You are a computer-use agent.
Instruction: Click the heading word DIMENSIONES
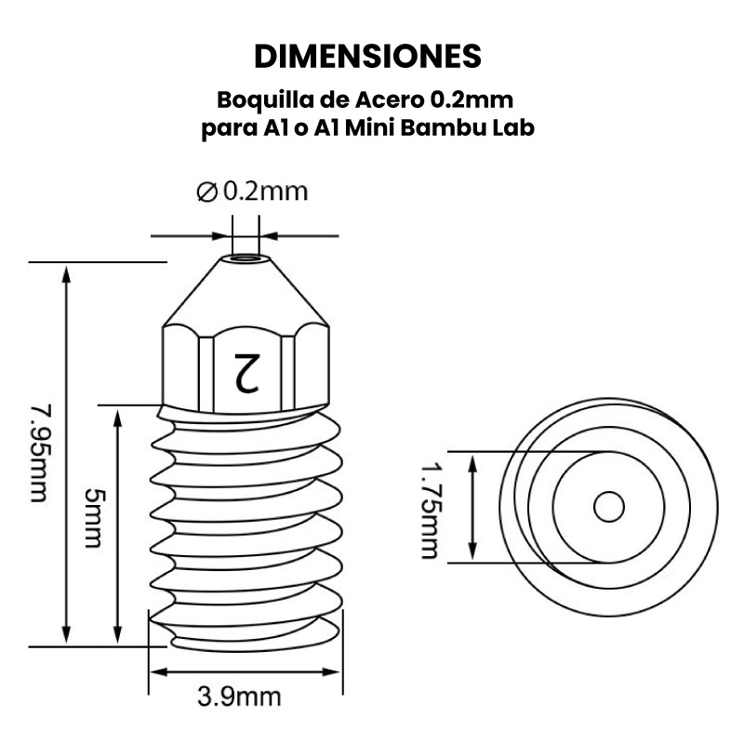[368, 56]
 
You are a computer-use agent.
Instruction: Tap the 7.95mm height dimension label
[38, 452]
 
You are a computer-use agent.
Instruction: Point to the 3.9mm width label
[239, 697]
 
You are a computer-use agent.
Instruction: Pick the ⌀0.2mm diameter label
[252, 192]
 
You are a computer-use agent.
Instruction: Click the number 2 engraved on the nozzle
[246, 371]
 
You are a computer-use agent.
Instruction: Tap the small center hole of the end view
[609, 508]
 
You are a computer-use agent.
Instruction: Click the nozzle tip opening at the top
[246, 258]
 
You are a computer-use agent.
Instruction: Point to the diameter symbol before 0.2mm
[207, 193]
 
